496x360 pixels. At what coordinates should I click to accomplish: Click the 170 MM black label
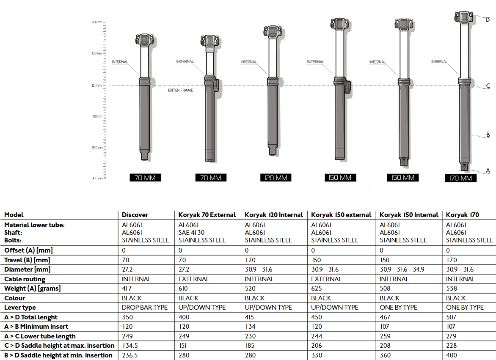point(460,178)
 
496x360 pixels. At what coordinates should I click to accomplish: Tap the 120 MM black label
point(276,178)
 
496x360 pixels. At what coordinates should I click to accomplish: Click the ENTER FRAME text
point(180,91)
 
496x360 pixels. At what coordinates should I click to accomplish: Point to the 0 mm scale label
point(97,85)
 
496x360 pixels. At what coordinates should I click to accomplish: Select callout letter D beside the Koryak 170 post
point(488,19)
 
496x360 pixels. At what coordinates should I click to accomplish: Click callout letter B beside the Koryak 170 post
point(488,135)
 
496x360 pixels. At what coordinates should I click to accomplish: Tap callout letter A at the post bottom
point(488,170)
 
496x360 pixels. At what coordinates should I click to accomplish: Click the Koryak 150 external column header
point(341,215)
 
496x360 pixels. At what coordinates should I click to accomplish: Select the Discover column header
point(135,215)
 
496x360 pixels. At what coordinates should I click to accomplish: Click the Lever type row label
point(20,308)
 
